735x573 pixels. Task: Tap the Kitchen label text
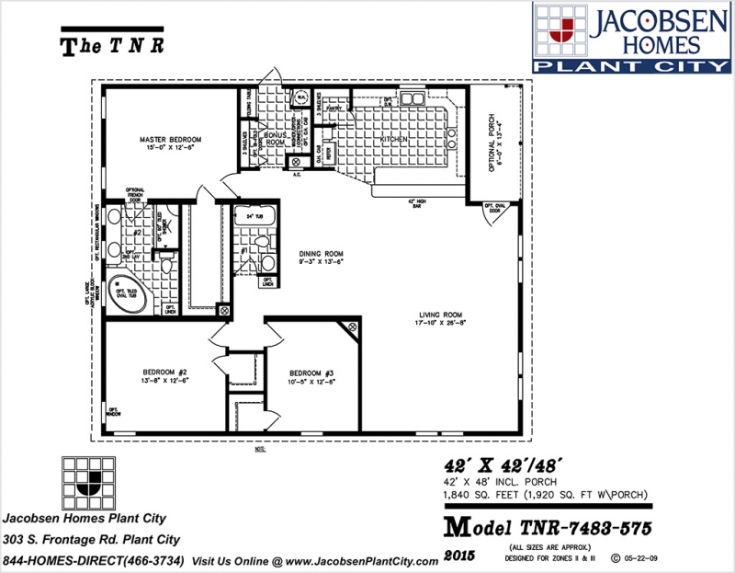393,140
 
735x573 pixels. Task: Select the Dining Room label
321,257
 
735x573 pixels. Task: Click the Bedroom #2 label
153,373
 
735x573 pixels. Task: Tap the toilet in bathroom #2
166,264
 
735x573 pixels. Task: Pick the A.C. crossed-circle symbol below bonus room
296,163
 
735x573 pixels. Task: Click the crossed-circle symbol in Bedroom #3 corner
350,327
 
